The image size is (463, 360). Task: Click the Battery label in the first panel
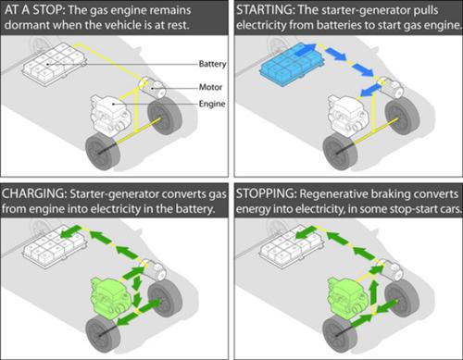tap(212, 64)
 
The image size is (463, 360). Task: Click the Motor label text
tap(210, 87)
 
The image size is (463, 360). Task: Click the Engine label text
tap(212, 104)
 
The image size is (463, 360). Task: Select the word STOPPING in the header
tap(266, 194)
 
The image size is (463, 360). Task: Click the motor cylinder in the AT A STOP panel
tap(152, 88)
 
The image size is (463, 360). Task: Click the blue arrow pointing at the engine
tap(370, 91)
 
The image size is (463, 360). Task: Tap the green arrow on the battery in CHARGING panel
tap(69, 231)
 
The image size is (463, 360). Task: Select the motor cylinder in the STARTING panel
tap(390, 88)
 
